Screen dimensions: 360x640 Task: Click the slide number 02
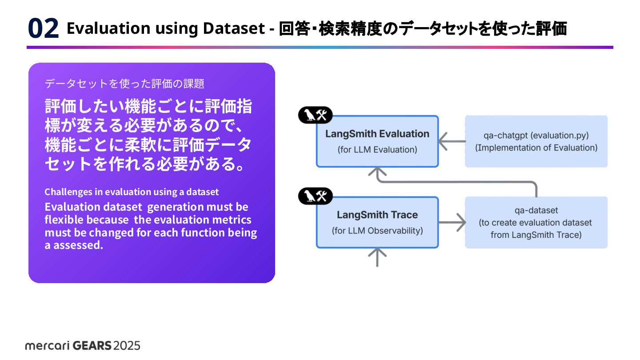point(43,29)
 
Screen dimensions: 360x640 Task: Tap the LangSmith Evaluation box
point(377,141)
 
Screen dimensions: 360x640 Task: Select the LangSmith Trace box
point(377,222)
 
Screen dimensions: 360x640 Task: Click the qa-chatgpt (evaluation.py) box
point(536,141)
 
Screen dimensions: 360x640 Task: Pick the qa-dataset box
point(536,222)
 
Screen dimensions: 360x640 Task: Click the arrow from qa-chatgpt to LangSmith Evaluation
point(451,142)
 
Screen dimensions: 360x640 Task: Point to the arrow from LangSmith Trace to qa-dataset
point(452,222)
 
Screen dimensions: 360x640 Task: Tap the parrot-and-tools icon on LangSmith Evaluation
point(315,116)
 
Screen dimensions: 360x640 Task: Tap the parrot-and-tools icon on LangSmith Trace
point(315,196)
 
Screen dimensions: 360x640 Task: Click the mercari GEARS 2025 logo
point(83,345)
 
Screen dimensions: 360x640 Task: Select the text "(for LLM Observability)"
point(377,231)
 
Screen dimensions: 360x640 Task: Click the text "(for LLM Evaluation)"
point(377,150)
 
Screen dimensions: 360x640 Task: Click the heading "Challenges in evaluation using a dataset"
point(132,192)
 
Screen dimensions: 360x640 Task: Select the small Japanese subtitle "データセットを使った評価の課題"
point(124,83)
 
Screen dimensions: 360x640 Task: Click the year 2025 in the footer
point(127,345)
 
